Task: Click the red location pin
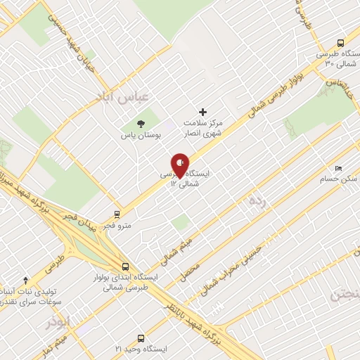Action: tap(180, 165)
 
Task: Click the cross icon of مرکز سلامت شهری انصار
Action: tap(203, 111)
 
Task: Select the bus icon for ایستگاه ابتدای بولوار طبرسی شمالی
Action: tap(125, 266)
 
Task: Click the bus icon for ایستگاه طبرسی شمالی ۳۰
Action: tap(341, 42)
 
